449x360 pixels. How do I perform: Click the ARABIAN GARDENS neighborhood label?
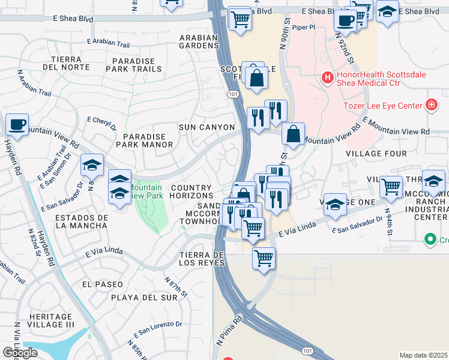pyautogui.click(x=198, y=42)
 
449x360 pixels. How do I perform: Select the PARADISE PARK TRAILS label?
pyautogui.click(x=133, y=65)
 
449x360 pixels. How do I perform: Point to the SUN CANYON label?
pyautogui.click(x=206, y=127)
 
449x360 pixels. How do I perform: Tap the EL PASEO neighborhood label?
pyautogui.click(x=103, y=284)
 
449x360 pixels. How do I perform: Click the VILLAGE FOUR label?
pyautogui.click(x=376, y=154)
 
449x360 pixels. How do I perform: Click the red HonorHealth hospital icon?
pyautogui.click(x=327, y=77)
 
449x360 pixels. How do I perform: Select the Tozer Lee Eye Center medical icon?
pyautogui.click(x=430, y=106)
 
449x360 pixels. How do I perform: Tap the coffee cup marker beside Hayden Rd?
pyautogui.click(x=17, y=125)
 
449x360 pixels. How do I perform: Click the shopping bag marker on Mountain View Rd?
pyautogui.click(x=293, y=134)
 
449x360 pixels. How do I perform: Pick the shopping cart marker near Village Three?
pyautogui.click(x=391, y=186)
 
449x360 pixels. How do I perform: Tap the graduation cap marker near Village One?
pyautogui.click(x=334, y=205)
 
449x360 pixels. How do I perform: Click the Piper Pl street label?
pyautogui.click(x=304, y=27)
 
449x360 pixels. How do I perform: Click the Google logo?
pyautogui.click(x=20, y=353)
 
